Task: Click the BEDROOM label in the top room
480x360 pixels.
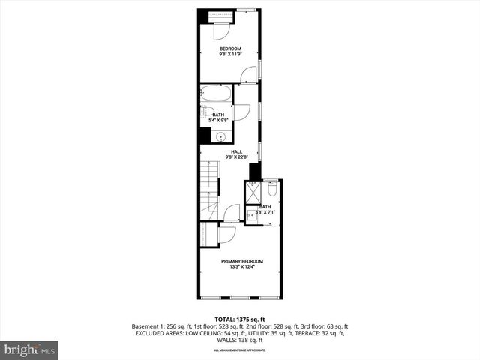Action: click(229, 49)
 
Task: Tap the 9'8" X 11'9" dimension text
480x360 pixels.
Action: click(229, 55)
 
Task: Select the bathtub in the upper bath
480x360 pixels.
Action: click(216, 94)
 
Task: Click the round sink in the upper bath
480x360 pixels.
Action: click(220, 137)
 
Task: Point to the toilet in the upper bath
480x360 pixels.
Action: click(208, 112)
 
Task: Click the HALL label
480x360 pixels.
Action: click(236, 151)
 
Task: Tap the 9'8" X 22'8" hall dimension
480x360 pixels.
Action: click(236, 157)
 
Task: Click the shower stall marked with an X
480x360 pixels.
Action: click(253, 193)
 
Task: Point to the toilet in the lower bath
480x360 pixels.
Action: click(271, 190)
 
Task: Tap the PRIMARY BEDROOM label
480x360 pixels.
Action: click(241, 261)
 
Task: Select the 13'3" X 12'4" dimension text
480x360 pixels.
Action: click(241, 267)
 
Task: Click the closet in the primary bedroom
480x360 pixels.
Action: click(208, 233)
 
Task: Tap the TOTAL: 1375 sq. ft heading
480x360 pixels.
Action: click(241, 319)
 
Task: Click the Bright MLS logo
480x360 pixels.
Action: click(30, 349)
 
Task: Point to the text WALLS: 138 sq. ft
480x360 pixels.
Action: click(241, 340)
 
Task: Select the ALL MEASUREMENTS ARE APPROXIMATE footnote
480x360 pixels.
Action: click(241, 350)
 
